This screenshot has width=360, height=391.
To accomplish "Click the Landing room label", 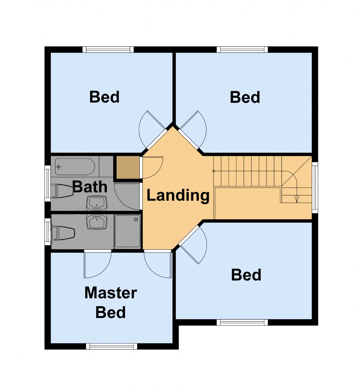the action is pos(178,195).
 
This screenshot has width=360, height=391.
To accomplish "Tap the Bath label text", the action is pos(90,186).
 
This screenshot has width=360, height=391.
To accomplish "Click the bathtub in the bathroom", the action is pos(75,167).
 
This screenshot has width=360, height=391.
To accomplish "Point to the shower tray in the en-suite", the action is pos(127,231).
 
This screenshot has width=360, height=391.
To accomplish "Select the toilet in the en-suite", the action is pos(63,233).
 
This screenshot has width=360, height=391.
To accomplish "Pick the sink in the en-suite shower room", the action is pos(97,222).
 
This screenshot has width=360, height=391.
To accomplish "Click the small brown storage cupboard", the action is pos(128,167).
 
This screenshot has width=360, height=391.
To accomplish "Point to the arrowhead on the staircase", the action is pos(297,199).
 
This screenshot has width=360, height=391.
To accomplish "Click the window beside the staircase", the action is pos(315,188).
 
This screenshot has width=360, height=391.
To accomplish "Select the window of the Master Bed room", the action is pos(112,346).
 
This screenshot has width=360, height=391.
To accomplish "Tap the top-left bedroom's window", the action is pos(108,50).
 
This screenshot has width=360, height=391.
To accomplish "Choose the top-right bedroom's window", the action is pos(242,50).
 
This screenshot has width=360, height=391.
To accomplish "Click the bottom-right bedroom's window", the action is pos(242,322).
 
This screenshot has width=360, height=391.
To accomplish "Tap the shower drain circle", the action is pos(136,219).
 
